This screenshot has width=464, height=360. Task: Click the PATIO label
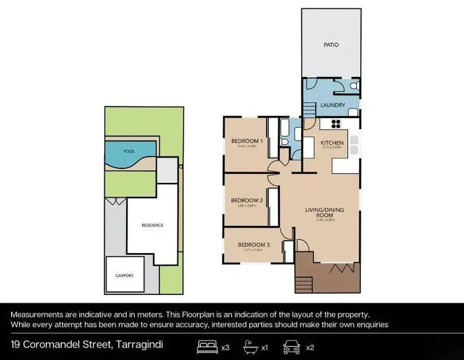pos(332,45)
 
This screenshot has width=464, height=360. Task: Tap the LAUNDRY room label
pos(332,105)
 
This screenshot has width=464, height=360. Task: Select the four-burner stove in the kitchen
pos(338,122)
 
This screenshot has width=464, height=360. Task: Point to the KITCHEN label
pos(332,143)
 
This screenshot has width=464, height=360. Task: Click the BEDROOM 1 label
pos(247,141)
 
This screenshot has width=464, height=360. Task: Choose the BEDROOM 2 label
pos(247,200)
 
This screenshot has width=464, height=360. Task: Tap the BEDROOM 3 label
pos(254,245)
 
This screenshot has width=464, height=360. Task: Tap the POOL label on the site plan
pos(129,151)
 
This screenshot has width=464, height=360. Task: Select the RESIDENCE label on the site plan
pos(152,225)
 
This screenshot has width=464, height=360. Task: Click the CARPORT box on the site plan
pos(124,274)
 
